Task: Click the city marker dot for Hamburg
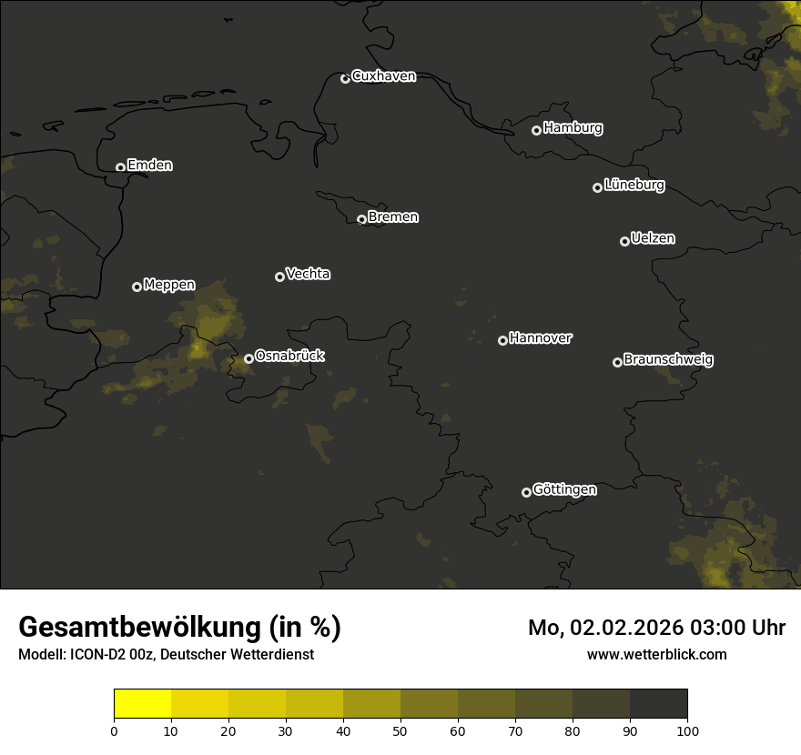pos(536,130)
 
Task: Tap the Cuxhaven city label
pos(383,76)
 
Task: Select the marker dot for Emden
pos(120,167)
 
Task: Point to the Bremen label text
pos(393,217)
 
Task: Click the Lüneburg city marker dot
pos(597,187)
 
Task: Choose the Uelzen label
pos(653,238)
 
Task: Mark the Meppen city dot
pos(137,287)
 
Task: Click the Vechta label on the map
pos(308,274)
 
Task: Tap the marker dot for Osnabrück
pos(248,358)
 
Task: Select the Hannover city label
pos(541,338)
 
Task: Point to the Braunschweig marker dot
pos(617,362)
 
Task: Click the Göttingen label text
pos(564,490)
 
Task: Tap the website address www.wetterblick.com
pos(657,654)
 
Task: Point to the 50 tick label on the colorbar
pos(400,730)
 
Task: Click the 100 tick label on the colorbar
pos(687,730)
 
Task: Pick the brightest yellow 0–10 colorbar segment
pos(142,704)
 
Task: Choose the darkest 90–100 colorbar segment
pos(658,704)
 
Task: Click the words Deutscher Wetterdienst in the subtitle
pos(237,654)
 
